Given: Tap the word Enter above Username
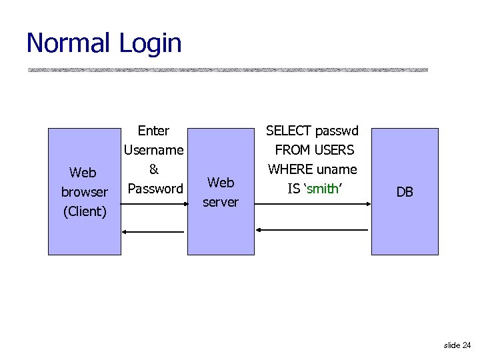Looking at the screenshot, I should [153, 131].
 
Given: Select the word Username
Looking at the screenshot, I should [153, 150].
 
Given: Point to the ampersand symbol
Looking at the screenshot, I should [153, 169].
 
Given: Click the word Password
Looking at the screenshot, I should [155, 189].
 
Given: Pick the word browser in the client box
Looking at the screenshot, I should [85, 192].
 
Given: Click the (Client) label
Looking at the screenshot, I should [85, 211].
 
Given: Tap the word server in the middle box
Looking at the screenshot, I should [221, 201].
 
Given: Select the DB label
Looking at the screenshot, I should [405, 192].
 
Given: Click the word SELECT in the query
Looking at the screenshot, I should [289, 131].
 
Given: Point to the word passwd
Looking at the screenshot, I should [337, 131].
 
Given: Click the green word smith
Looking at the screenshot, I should [323, 189].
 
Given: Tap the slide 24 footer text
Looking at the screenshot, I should [457, 345].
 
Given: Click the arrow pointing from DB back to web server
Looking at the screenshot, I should [313, 230].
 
